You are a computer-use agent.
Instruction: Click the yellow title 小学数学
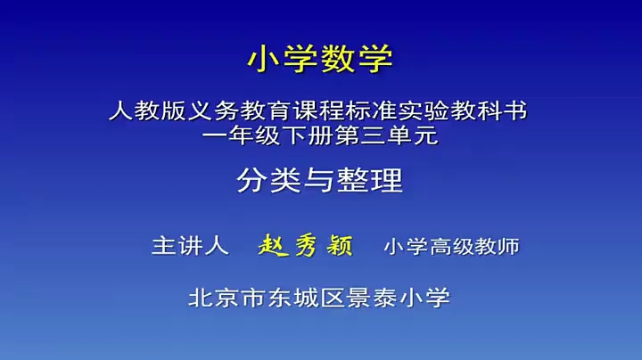point(320,60)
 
